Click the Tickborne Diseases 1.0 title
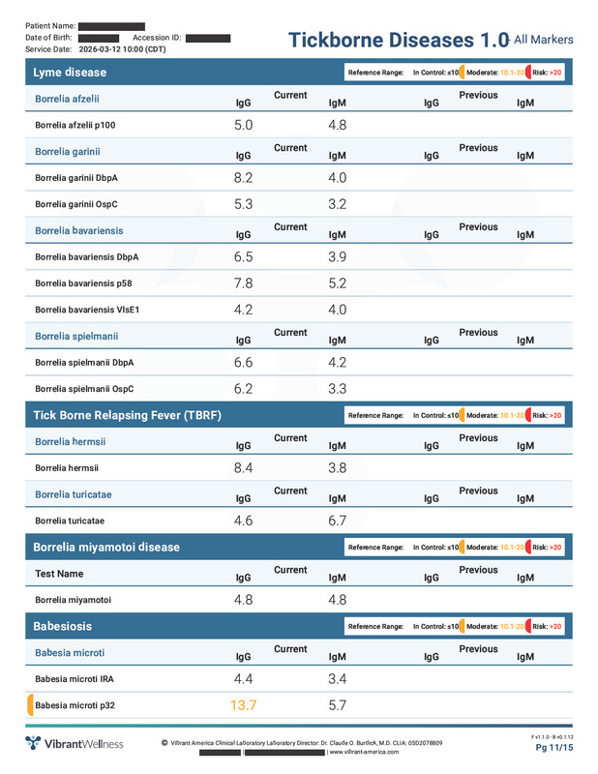click(x=399, y=40)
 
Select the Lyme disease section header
click(x=70, y=73)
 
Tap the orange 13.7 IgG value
click(x=244, y=705)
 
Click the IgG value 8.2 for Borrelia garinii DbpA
click(x=244, y=178)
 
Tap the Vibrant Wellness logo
click(x=75, y=743)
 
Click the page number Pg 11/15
click(x=554, y=748)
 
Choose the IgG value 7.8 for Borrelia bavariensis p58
click(x=244, y=283)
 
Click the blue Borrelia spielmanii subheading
click(x=76, y=336)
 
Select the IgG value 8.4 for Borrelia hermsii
click(x=244, y=468)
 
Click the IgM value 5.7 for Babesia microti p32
click(x=338, y=705)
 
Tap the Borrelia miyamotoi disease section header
click(x=106, y=547)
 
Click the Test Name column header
click(x=59, y=574)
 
